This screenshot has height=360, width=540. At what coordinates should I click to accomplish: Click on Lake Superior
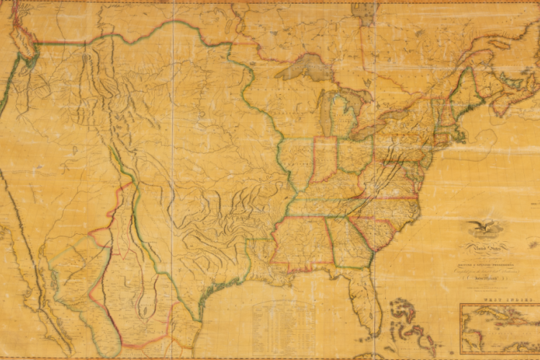point(302,66)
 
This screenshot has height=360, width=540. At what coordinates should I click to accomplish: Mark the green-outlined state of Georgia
point(349,241)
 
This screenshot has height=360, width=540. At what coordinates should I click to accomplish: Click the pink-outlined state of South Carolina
point(374,230)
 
